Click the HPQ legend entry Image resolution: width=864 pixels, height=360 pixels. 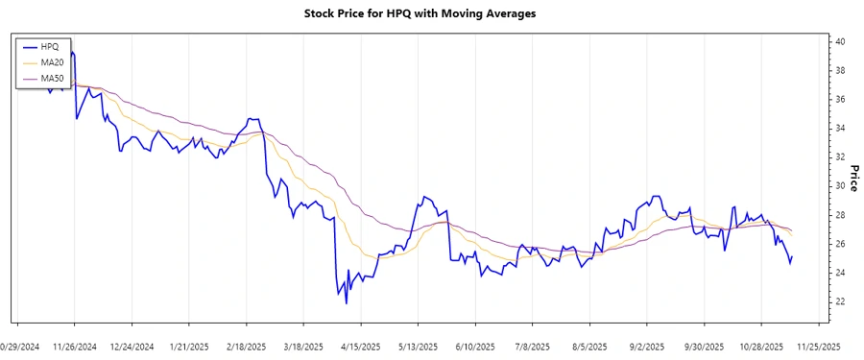coord(50,46)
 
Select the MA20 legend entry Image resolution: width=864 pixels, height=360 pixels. coord(52,61)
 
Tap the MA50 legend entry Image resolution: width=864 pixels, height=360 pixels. coord(52,77)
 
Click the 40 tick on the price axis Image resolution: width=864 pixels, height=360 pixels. coord(839,42)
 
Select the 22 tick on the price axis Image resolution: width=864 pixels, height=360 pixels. coord(839,301)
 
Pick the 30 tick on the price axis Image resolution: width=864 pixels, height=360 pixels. coord(839,186)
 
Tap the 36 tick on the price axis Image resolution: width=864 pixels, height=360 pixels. coord(839,100)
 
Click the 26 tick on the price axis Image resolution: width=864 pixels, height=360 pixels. coord(839,244)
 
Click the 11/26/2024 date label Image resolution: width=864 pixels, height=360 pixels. coord(74,347)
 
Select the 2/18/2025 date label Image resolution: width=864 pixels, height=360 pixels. coord(246,347)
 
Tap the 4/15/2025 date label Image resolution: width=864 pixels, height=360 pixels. coord(360,347)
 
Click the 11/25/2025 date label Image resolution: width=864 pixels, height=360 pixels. coord(818,347)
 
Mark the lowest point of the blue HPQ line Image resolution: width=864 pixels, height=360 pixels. coord(347,303)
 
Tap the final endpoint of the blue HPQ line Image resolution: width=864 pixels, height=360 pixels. coord(793,256)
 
